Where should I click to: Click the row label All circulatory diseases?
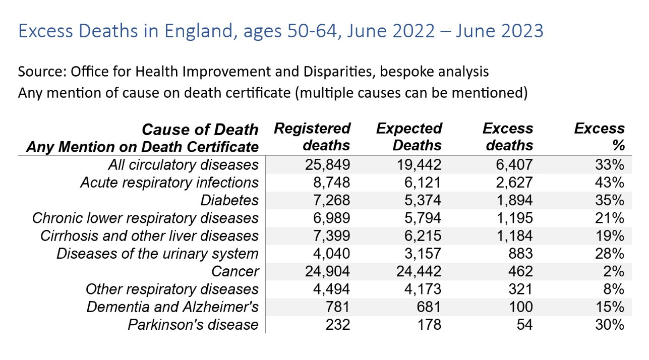click(183, 164)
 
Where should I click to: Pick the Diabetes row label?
click(229, 200)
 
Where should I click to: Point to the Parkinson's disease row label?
click(193, 325)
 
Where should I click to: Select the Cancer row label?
click(235, 271)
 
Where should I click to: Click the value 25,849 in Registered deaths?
click(327, 164)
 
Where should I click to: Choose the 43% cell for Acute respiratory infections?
click(612, 182)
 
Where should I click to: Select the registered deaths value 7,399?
click(331, 235)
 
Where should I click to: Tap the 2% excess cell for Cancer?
click(615, 271)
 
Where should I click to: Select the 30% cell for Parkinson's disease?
click(612, 325)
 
